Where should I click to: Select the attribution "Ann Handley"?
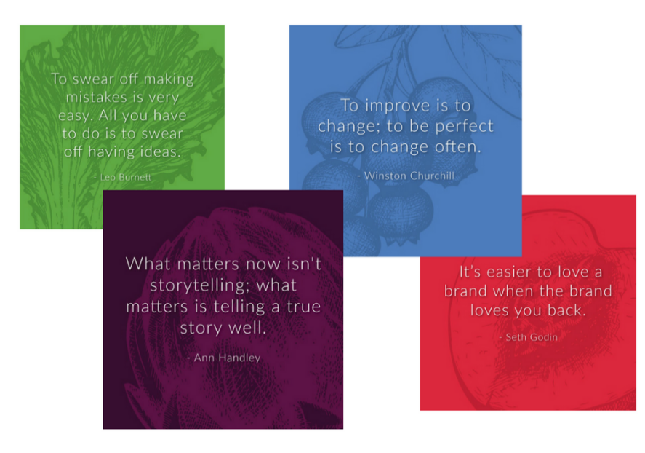tap(226, 358)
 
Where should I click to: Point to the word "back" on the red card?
tap(564, 310)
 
